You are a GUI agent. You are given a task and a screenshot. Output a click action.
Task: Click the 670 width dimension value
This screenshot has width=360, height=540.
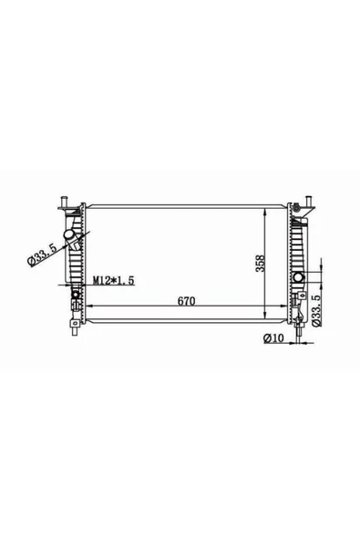pos(186,301)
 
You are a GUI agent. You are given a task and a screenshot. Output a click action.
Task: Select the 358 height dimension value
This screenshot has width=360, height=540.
pos(260,264)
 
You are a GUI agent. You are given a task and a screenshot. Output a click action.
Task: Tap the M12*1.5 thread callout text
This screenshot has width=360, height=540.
pos(113,280)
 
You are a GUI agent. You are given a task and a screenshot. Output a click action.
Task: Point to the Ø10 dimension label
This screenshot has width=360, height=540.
pos(273,338)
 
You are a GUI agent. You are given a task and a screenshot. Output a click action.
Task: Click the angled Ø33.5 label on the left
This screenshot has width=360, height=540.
pos(42,254)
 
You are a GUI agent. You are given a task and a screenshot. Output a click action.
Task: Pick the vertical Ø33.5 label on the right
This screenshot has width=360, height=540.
pos(316,311)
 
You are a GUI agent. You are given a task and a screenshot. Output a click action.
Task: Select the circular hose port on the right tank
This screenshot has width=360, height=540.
pos(298,277)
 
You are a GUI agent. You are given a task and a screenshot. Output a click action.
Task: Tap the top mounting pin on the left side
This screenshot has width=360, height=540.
pos(64,201)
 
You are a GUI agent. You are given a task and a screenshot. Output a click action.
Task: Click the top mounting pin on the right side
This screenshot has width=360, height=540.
pos(309,201)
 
